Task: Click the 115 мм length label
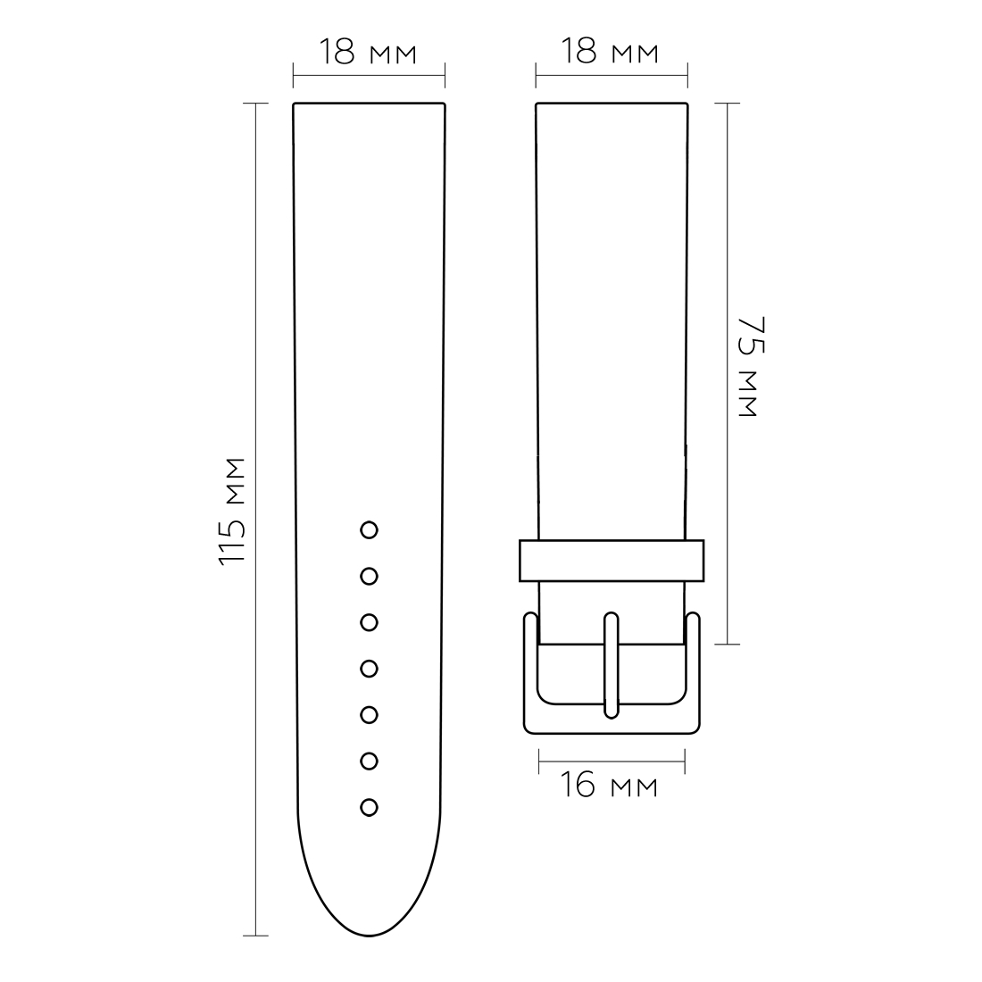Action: (x=232, y=512)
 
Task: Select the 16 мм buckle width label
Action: (x=608, y=785)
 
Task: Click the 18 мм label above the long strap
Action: (x=368, y=52)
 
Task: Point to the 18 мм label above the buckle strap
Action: (x=610, y=51)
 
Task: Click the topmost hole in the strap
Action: (x=369, y=529)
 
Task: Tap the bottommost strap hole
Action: (x=369, y=807)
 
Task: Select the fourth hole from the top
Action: (x=369, y=669)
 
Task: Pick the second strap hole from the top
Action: (x=369, y=576)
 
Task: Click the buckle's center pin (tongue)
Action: (x=612, y=665)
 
